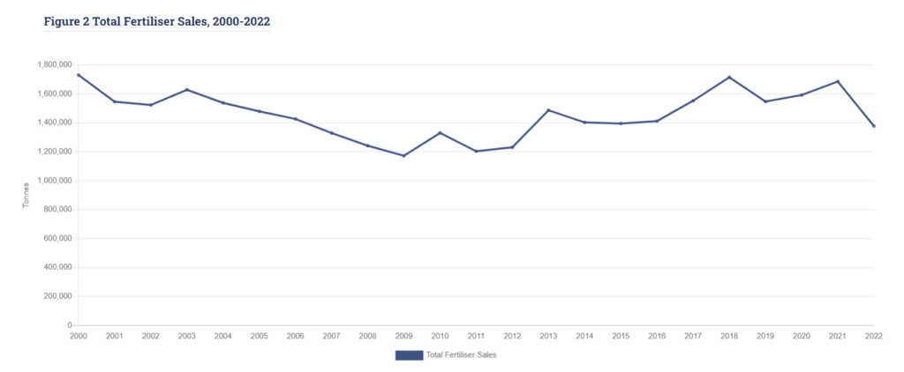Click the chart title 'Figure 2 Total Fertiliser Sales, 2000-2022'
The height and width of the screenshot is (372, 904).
(x=156, y=19)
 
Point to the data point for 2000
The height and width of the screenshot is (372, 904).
(x=79, y=75)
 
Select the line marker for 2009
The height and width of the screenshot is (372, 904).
(x=403, y=156)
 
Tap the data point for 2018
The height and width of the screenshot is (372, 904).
(x=729, y=77)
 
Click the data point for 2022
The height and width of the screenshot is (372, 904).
(x=874, y=126)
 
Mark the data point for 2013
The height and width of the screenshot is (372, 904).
(x=548, y=110)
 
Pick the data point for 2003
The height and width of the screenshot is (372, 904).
(x=187, y=90)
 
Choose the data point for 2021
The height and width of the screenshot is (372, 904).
(x=838, y=81)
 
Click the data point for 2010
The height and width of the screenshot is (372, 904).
(x=440, y=133)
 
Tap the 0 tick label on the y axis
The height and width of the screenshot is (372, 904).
(x=69, y=325)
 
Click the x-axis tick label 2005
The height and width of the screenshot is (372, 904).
(x=260, y=336)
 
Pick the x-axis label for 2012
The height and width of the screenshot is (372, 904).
(x=512, y=336)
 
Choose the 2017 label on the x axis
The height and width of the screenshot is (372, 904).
(x=693, y=336)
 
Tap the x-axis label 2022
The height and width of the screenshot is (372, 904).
(x=873, y=336)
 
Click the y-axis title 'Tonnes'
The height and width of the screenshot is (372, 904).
(x=26, y=195)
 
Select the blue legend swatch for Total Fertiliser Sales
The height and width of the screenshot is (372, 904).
(x=409, y=355)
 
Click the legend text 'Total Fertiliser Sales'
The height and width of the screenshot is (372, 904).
(x=462, y=355)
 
